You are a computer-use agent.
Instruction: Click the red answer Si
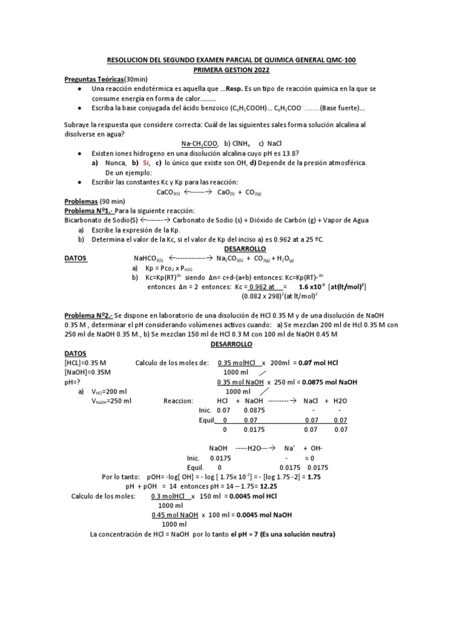click(146, 163)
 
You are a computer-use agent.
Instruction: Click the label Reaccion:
click(177, 400)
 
